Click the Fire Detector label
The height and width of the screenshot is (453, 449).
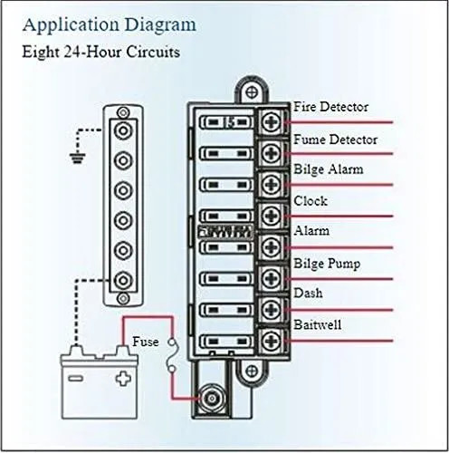(331, 107)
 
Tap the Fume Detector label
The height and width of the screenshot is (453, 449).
(336, 140)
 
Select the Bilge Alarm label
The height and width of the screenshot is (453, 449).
(329, 169)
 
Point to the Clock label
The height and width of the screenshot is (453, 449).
(310, 201)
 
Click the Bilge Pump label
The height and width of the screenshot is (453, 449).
(327, 264)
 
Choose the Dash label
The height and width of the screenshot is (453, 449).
(308, 293)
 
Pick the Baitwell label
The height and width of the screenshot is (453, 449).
(318, 324)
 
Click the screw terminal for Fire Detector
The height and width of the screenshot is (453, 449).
(272, 122)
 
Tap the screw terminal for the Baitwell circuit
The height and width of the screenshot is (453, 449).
(272, 341)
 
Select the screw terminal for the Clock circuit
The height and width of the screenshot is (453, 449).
(272, 216)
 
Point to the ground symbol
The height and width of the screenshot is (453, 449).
(78, 159)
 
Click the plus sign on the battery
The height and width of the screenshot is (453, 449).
(123, 378)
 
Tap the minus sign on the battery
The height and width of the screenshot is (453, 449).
(75, 378)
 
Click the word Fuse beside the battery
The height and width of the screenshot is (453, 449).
(146, 342)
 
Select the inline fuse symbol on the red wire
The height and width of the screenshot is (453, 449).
(173, 356)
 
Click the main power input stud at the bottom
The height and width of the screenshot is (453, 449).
(212, 399)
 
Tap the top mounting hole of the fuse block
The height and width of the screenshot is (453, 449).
(251, 92)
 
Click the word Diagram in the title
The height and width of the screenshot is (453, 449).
(160, 25)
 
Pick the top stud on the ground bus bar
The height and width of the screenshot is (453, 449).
(123, 130)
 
